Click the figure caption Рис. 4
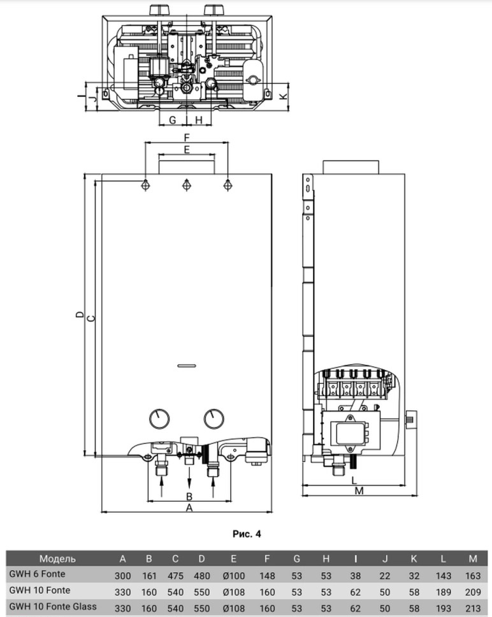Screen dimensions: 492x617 pos(247,534)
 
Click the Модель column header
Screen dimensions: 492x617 pos(57,558)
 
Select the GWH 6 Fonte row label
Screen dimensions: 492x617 pos(37,574)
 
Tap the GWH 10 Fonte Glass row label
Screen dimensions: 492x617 pos(53,606)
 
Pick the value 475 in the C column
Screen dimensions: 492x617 pos(175,576)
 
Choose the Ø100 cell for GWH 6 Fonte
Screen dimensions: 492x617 pos(234,576)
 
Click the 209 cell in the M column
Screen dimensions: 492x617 pos(473,592)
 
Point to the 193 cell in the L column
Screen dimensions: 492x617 pos(443,608)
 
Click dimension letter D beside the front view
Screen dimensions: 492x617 pos(80,315)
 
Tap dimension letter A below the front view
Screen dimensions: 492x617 pos(189,507)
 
